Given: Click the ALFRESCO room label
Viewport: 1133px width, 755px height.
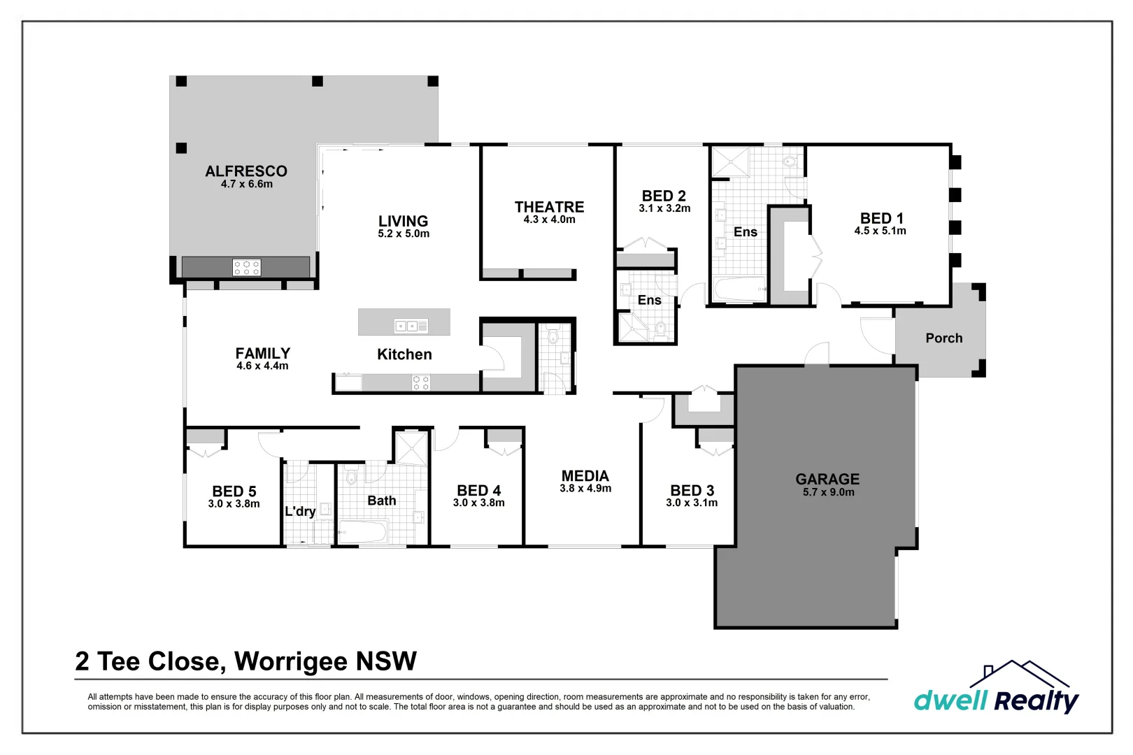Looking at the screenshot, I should pos(246,171).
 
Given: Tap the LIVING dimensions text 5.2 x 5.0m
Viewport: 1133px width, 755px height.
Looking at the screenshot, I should pos(404,234).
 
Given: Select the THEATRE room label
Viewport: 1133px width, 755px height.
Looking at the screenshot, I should pos(549,207).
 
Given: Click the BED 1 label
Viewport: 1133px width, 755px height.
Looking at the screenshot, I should pos(881,218).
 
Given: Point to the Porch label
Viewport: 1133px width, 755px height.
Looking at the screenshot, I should pos(943,338).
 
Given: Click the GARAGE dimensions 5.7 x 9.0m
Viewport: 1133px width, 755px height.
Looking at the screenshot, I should pos(828,492).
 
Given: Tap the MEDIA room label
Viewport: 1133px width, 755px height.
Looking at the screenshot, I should pos(585,476).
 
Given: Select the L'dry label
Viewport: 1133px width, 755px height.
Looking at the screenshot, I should pos(300,511).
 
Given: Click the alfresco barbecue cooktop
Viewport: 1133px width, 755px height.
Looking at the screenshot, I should pos(247,267).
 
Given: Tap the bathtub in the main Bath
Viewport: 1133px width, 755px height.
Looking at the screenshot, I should pos(363,531).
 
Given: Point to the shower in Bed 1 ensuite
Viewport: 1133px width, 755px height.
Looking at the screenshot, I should pos(730,162).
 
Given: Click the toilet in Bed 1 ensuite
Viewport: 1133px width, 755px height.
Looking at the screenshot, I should pos(790,161).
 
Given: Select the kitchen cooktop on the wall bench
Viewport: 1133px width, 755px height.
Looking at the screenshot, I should pos(421,382).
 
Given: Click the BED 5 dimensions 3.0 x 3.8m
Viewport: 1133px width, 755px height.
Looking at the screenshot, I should pos(234,504).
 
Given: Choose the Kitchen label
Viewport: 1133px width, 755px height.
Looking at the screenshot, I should pos(404,354).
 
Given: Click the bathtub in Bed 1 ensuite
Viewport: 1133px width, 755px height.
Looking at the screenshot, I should pos(739,289).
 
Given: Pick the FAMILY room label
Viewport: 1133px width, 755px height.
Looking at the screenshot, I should pos(262,353).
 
